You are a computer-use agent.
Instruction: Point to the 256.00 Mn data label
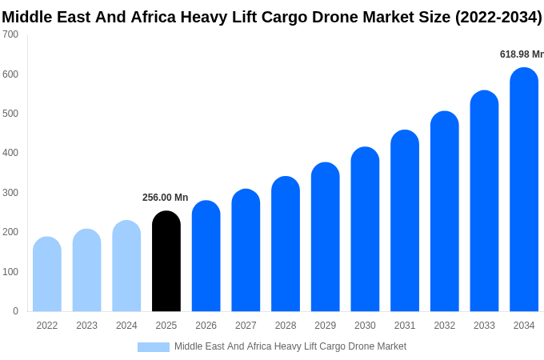pyautogui.click(x=165, y=198)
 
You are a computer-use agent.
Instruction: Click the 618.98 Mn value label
pyautogui.click(x=521, y=54)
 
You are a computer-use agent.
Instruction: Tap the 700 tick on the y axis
pyautogui.click(x=10, y=34)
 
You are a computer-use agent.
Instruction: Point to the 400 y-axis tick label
pyautogui.click(x=10, y=153)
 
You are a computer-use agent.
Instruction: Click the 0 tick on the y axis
pyautogui.click(x=15, y=311)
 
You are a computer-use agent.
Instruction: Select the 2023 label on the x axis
pyautogui.click(x=86, y=326)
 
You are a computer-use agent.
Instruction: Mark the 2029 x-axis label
pyautogui.click(x=325, y=326)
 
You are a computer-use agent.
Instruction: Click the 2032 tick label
pyautogui.click(x=444, y=326)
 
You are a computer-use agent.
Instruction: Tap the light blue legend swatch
pyautogui.click(x=153, y=347)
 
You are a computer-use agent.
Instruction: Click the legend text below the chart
pyautogui.click(x=290, y=346)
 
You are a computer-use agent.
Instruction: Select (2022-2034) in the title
pyautogui.click(x=498, y=17)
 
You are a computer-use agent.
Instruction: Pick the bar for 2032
pyautogui.click(x=444, y=212)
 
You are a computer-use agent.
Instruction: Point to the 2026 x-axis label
pyautogui.click(x=206, y=326)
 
